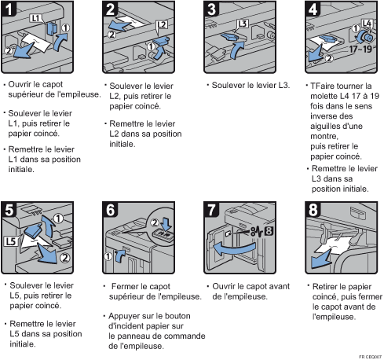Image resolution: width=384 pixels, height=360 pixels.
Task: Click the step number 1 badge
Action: tap(9, 9)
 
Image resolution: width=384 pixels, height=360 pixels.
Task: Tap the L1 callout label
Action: tap(35, 18)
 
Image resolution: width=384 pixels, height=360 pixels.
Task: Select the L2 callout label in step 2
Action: tap(162, 24)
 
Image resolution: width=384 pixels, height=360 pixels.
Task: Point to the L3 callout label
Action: tap(243, 24)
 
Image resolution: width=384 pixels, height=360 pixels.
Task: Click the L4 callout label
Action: tap(367, 24)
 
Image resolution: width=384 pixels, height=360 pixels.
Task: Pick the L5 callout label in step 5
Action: tap(11, 241)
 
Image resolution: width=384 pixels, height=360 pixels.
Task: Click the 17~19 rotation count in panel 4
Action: tap(360, 50)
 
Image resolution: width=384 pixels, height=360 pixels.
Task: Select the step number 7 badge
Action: tap(211, 209)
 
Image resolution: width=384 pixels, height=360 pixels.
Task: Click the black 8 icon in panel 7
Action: tap(269, 232)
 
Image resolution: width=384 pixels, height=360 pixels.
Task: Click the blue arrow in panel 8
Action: tap(320, 259)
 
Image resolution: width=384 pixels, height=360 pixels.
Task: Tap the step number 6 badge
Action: tap(110, 209)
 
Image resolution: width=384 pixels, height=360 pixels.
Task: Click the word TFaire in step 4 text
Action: tap(322, 86)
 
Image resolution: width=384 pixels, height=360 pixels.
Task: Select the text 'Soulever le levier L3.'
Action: tap(251, 85)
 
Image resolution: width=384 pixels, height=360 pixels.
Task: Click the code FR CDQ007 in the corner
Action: tap(370, 357)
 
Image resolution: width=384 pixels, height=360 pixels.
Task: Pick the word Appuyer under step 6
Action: tap(122, 317)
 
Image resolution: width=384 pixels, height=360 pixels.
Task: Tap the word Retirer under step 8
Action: tap(324, 287)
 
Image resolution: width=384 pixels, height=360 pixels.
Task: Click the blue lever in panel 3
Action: tap(229, 36)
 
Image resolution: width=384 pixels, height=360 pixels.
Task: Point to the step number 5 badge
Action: tap(9, 209)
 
